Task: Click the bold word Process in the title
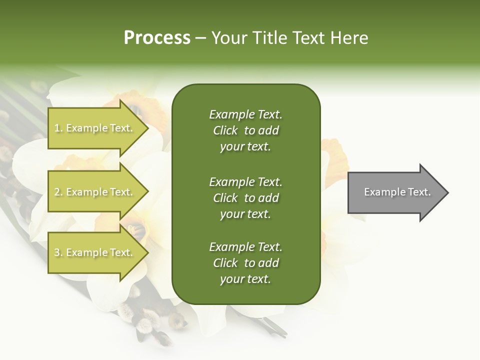[x=157, y=38]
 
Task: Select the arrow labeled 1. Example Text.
[x=95, y=128]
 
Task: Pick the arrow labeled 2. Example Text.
[x=95, y=192]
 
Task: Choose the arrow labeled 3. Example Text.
[x=95, y=252]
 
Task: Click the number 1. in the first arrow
[x=58, y=128]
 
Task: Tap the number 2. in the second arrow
[x=58, y=192]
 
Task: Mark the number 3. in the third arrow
[x=58, y=252]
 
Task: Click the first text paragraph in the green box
[x=245, y=130]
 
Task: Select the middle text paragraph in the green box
[x=245, y=197]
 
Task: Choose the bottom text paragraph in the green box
[x=245, y=263]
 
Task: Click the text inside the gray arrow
[x=397, y=192]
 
